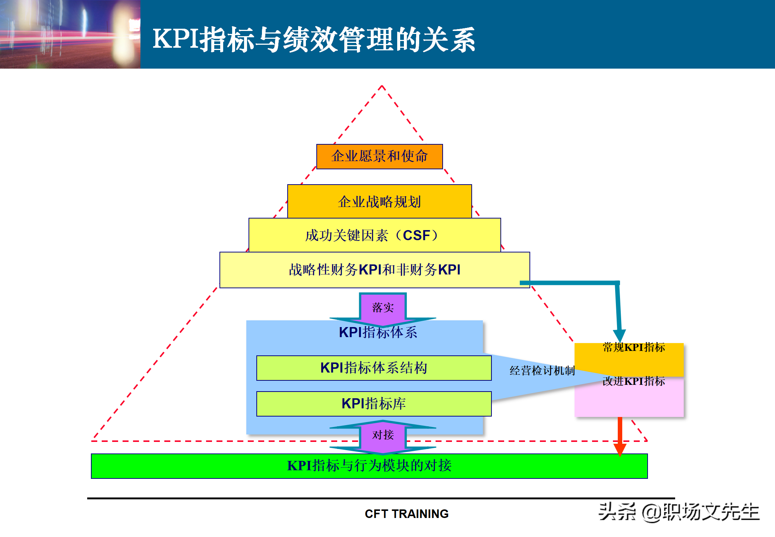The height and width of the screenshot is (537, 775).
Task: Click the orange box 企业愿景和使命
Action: tap(379, 156)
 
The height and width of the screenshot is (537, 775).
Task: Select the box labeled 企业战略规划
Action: tap(379, 201)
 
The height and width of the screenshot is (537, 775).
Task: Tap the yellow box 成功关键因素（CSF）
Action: tap(374, 235)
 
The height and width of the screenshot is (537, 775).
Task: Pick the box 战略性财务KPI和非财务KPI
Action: tap(374, 270)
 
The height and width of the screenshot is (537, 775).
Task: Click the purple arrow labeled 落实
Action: tap(383, 308)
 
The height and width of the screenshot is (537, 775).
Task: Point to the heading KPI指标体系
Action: tap(378, 332)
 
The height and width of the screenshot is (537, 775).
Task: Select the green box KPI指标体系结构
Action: tap(374, 368)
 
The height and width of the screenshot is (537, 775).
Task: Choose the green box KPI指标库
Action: tap(374, 404)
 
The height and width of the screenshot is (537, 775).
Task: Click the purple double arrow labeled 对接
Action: tap(383, 435)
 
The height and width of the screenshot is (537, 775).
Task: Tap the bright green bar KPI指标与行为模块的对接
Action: tap(369, 466)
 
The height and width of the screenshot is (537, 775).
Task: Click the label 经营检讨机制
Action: tap(542, 371)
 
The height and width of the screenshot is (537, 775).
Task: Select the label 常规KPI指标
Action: tap(634, 348)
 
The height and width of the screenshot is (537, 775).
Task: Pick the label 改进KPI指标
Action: tap(634, 381)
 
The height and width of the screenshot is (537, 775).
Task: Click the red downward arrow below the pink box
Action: tap(620, 436)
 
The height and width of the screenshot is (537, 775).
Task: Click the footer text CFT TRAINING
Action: tap(407, 514)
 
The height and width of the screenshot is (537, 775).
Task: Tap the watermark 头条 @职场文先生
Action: tap(678, 512)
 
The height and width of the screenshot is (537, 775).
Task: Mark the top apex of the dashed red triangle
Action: tap(382, 86)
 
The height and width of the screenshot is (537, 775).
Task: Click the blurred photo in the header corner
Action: tap(70, 34)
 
